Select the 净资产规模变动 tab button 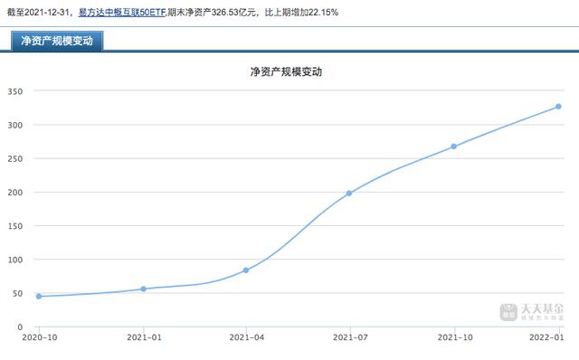(56, 41)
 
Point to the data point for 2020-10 (39, 296)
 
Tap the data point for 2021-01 (143, 289)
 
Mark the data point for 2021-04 (246, 270)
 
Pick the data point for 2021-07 (349, 193)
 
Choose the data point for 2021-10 (453, 146)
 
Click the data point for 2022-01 (557, 107)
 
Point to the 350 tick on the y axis (15, 91)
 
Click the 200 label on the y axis (15, 193)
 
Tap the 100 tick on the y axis (15, 260)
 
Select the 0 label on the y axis (21, 327)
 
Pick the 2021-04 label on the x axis (246, 337)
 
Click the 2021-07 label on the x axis (349, 337)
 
